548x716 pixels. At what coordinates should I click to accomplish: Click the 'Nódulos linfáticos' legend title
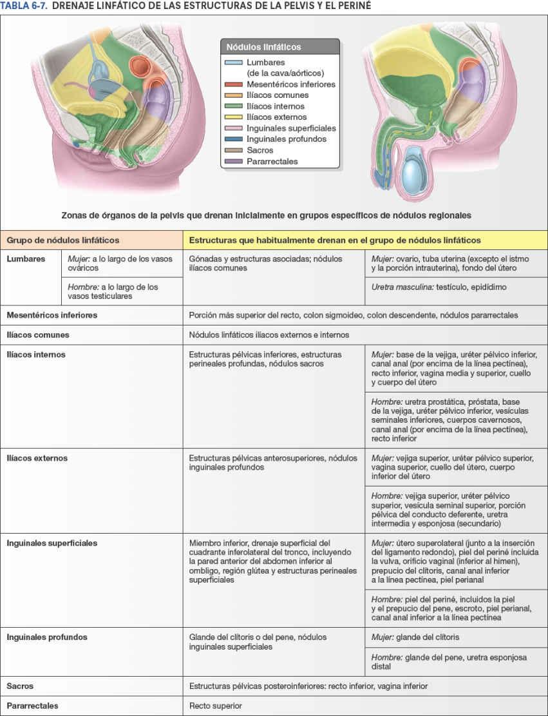point(263,46)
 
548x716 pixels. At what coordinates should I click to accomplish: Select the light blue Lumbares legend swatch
point(234,63)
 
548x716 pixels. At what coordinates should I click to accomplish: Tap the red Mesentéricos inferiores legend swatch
point(234,84)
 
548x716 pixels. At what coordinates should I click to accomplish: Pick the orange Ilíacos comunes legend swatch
point(234,95)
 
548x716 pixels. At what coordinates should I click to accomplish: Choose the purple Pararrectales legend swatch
point(234,161)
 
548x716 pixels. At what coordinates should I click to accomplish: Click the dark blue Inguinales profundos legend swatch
point(234,139)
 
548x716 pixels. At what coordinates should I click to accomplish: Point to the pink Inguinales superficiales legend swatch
point(234,128)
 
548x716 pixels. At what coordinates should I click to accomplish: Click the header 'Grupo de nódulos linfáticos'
point(63,240)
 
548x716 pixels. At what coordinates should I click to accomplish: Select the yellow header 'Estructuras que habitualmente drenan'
point(334,240)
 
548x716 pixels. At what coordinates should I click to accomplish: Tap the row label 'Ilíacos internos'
point(36,354)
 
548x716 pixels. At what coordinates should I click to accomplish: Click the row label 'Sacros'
point(20,686)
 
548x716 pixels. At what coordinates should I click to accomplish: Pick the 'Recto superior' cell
point(216,706)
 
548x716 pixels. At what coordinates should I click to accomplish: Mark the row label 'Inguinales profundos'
point(47,637)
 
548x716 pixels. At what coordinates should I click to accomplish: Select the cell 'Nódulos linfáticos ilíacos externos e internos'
point(269,335)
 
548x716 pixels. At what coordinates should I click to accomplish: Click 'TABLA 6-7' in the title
point(22,6)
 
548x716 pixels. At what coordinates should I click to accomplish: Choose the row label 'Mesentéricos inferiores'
point(52,316)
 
